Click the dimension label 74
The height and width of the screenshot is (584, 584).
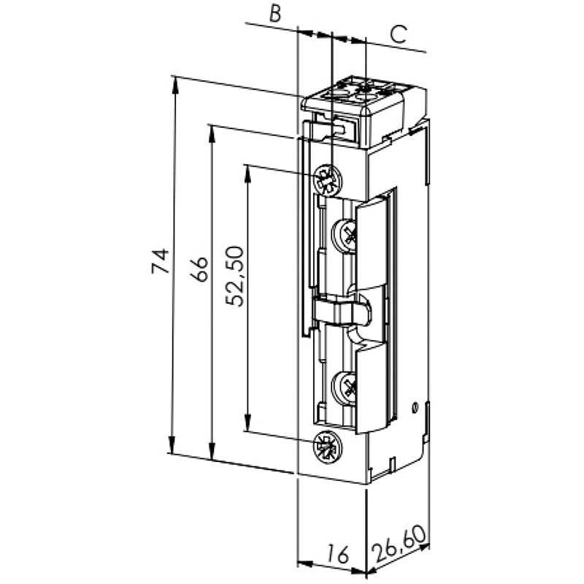point(161,261)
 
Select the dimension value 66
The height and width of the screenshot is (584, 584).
point(199,269)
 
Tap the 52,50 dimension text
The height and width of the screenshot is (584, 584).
point(235,276)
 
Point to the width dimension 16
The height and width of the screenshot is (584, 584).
point(338,554)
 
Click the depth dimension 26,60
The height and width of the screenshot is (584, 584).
point(399,543)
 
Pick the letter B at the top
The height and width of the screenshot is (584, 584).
point(275,13)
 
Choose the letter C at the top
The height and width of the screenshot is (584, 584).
point(398,34)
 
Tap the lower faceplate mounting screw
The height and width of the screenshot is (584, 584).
point(328,447)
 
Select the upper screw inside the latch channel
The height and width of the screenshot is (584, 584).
point(344,236)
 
